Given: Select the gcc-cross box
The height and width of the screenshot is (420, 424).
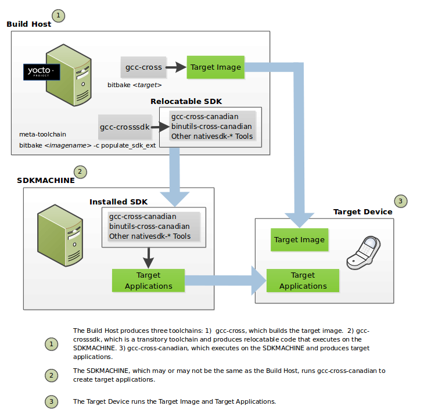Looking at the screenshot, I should click(143, 67).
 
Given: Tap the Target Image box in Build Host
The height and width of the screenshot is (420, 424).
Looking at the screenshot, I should click(215, 67).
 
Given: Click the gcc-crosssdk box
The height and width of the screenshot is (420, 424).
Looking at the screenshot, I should click(124, 126).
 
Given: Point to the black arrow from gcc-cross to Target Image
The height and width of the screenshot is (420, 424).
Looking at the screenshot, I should click(175, 67).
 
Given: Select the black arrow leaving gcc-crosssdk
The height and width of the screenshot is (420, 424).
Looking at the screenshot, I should click(159, 126).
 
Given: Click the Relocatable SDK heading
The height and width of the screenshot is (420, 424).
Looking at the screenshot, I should click(186, 101).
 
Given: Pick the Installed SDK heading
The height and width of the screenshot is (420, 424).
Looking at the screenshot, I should click(118, 202).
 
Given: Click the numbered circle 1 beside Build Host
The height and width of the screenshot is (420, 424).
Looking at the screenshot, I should click(59, 15).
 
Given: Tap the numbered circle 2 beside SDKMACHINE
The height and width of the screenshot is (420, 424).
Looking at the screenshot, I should click(80, 171).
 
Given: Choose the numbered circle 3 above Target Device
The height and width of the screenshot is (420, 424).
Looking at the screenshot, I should click(401, 201).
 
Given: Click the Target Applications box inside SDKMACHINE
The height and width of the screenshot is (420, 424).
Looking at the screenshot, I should click(148, 281).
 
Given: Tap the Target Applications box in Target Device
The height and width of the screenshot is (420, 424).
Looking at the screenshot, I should click(303, 281).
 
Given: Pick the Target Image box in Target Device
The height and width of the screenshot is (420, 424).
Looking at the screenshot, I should click(299, 240).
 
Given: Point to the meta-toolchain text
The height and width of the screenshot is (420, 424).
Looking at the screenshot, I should click(43, 134).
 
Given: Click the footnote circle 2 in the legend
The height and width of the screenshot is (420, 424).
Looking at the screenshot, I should click(52, 375).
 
